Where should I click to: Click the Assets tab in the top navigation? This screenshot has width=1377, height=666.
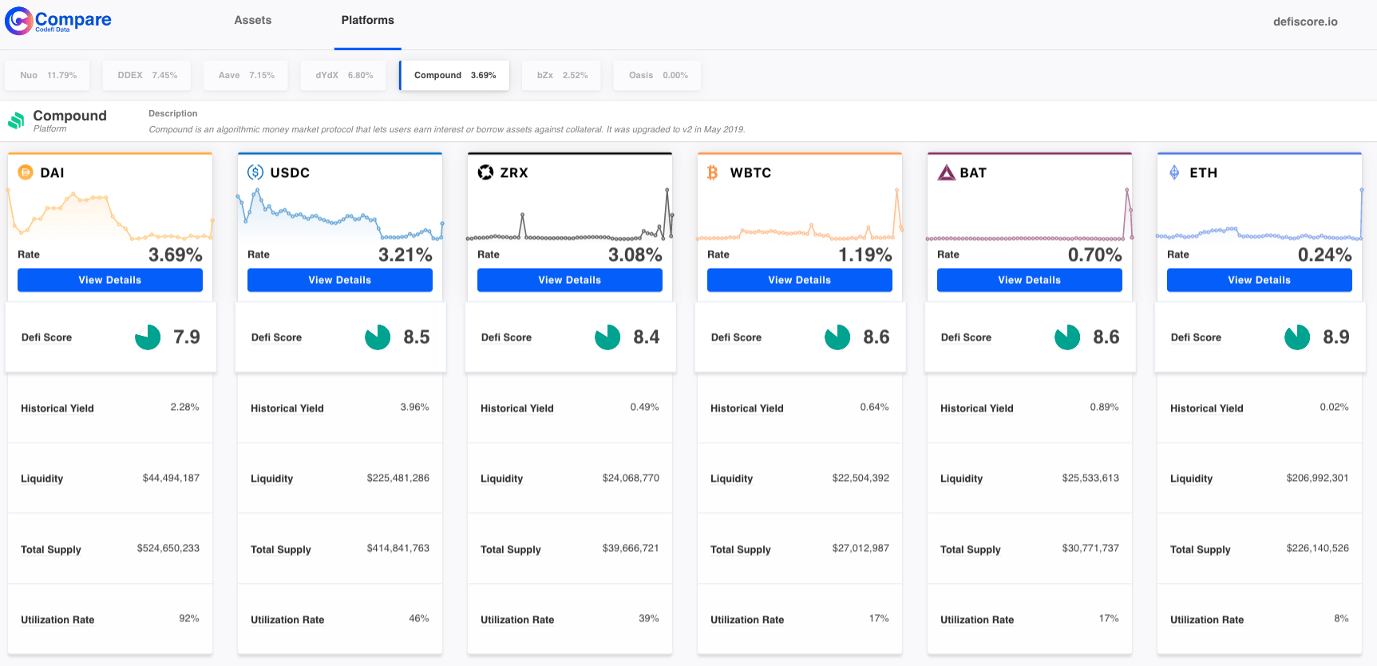tap(252, 21)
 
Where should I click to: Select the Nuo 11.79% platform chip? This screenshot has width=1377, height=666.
tap(48, 76)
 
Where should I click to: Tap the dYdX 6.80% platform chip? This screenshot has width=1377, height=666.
tap(344, 76)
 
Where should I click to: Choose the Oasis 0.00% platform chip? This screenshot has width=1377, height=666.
tap(658, 76)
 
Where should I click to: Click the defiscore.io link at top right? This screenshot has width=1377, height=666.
tap(1304, 22)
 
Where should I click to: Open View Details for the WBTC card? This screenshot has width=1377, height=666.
tap(799, 280)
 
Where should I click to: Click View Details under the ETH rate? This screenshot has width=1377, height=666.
tap(1259, 280)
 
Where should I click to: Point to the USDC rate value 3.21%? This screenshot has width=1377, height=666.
tap(405, 255)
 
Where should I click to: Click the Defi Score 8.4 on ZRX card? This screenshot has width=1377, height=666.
tap(646, 337)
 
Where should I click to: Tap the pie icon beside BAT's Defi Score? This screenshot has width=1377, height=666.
tap(1066, 337)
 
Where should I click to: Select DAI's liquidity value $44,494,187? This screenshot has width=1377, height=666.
tap(171, 479)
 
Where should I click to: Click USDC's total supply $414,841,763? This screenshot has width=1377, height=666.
tap(398, 549)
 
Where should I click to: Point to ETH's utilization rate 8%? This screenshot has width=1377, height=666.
tap(1341, 619)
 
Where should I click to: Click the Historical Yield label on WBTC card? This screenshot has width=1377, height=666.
tap(746, 408)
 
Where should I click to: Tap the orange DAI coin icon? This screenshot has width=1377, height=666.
tap(26, 172)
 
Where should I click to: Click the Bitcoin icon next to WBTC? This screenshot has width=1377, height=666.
tap(713, 173)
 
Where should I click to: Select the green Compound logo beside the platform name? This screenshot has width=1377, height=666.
tap(16, 120)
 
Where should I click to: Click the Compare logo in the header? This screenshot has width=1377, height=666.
tap(58, 21)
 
